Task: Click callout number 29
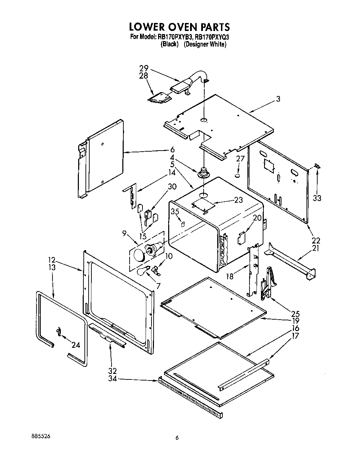[144, 69]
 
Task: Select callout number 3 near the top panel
[278, 99]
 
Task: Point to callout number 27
[240, 159]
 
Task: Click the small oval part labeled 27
[238, 176]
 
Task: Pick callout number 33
[317, 198]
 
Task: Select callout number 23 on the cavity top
[238, 200]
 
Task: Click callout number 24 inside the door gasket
[76, 345]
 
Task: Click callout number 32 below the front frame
[113, 370]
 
